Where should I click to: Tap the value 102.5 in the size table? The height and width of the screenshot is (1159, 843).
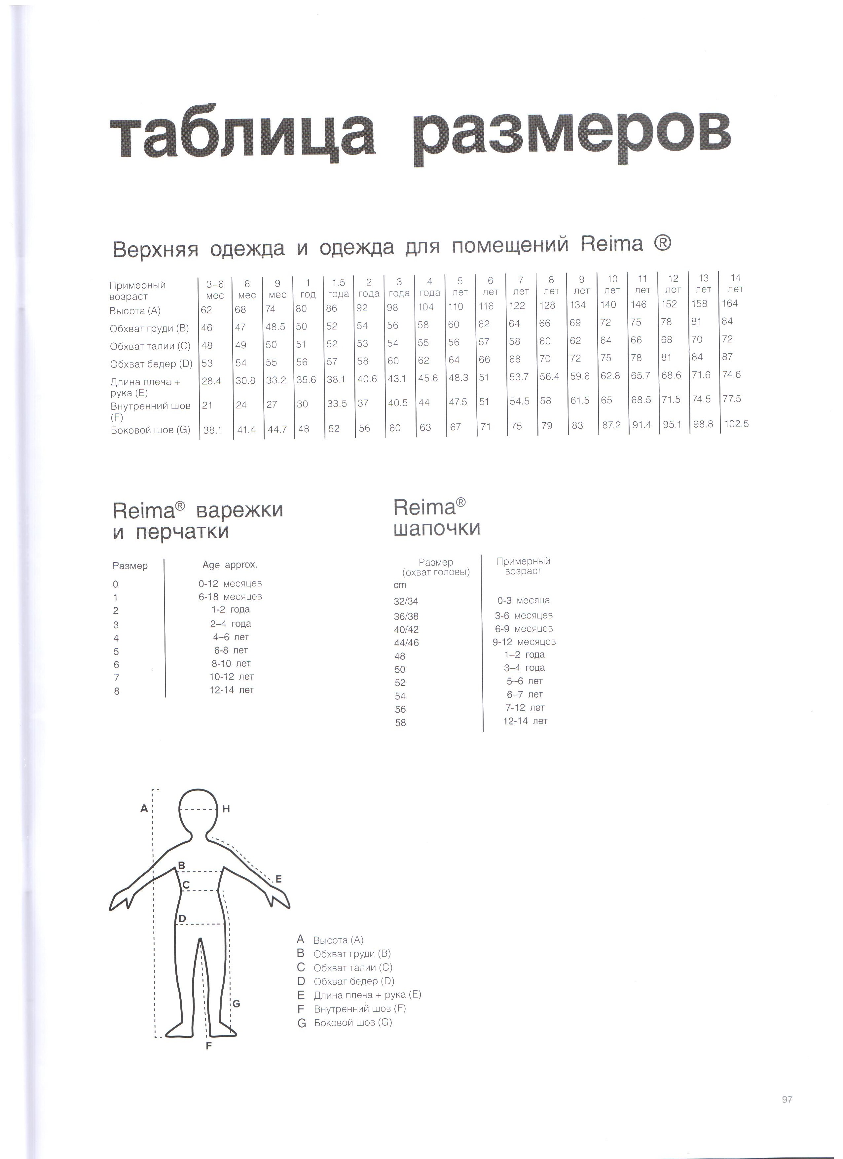736,424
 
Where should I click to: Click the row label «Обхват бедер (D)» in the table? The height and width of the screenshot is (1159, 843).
151,364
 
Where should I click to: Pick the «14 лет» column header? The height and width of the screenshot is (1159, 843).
735,283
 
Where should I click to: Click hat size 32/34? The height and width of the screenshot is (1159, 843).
406,602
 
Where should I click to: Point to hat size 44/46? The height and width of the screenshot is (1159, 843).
406,643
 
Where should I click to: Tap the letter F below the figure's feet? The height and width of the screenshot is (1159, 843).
208,1046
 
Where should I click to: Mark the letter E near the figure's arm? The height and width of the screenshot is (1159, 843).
278,879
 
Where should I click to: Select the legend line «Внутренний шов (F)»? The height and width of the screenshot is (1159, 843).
359,1009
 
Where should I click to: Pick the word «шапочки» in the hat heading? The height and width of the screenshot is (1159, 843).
437,528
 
